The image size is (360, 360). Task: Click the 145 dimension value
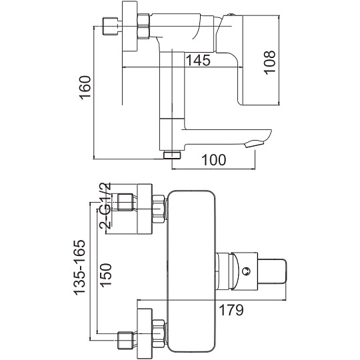tap(198, 60)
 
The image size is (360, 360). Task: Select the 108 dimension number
tap(269, 62)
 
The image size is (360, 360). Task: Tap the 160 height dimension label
tap(85, 87)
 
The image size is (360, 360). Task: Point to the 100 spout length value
tap(214, 159)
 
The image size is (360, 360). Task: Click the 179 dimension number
tap(231, 310)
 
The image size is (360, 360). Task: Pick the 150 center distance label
tap(106, 275)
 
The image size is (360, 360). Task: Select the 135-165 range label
tap(79, 267)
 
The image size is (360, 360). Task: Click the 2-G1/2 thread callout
tap(105, 206)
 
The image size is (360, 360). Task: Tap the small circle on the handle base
tap(247, 271)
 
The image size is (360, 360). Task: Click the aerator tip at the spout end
tap(254, 144)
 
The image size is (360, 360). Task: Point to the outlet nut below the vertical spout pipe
tap(172, 155)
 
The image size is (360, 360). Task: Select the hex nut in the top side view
tap(144, 26)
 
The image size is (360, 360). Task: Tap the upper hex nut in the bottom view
tap(159, 209)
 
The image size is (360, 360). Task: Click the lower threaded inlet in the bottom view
tap(125, 341)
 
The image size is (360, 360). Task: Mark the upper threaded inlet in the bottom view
tap(125, 202)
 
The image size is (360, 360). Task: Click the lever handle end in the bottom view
tap(272, 271)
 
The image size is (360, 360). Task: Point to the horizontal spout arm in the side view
tap(227, 137)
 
